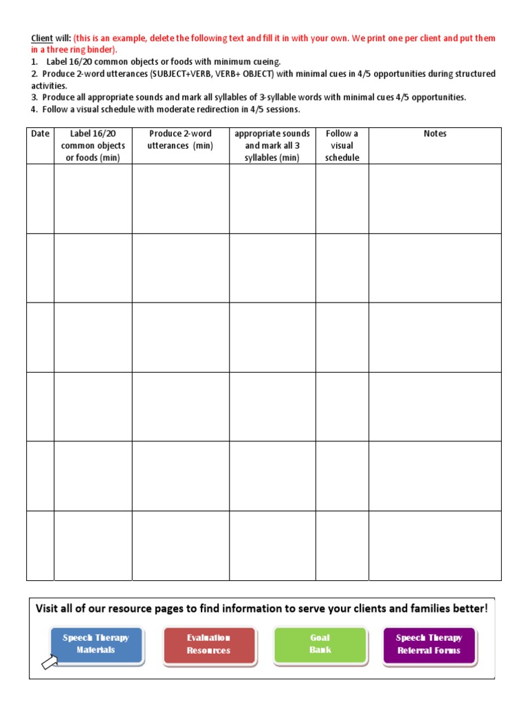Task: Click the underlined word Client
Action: tap(42, 38)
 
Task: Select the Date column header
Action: tap(40, 134)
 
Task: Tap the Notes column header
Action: tap(434, 134)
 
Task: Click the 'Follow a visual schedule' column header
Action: tap(342, 145)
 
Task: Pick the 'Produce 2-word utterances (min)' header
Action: tap(180, 140)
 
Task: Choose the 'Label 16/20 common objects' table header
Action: tap(93, 145)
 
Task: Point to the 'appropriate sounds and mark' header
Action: tap(272, 145)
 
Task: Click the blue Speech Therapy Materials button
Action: tap(96, 644)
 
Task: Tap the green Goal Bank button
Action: tap(320, 644)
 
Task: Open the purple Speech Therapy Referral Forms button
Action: tap(429, 644)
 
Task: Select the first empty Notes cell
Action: tap(434, 199)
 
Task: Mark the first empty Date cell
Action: tap(40, 199)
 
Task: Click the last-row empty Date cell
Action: tap(40, 546)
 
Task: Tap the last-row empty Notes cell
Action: tap(434, 546)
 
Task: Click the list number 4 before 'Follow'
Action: tap(33, 109)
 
